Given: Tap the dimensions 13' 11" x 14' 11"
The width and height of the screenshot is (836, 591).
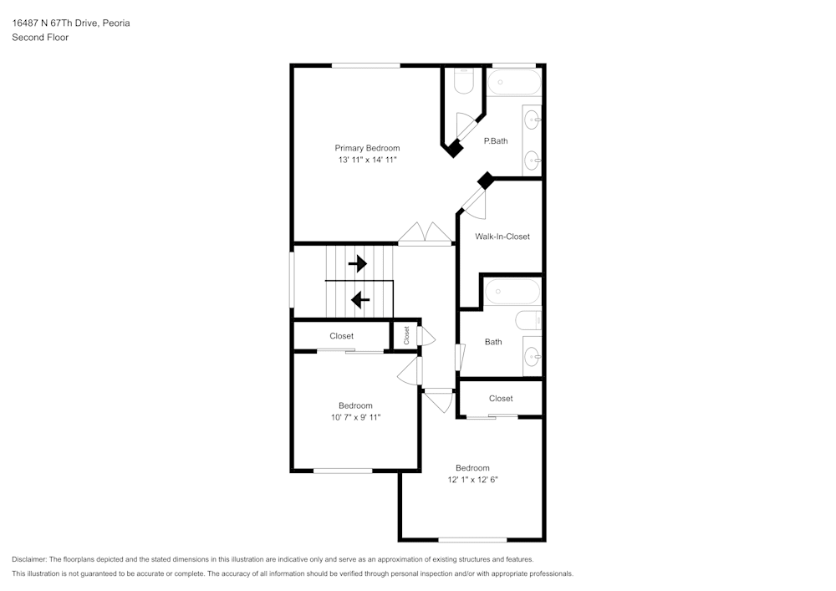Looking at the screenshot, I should click(x=367, y=159).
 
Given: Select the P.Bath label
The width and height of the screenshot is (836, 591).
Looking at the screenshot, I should click(x=496, y=141).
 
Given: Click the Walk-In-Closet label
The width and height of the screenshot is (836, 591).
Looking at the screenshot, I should click(x=502, y=237).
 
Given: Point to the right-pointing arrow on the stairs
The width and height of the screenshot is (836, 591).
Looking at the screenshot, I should click(x=358, y=264).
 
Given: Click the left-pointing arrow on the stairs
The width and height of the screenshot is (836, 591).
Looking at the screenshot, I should click(x=360, y=298).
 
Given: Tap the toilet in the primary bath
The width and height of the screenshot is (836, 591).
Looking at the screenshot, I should click(x=464, y=79).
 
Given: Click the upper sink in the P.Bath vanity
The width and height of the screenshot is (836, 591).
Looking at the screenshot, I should click(x=532, y=121).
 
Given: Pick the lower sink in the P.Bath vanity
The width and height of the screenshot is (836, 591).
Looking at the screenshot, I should click(x=532, y=159).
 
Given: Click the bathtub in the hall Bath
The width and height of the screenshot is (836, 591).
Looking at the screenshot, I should click(x=513, y=292).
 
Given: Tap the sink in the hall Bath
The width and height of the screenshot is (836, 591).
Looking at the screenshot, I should click(x=532, y=358).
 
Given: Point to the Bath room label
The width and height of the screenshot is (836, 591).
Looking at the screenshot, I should click(x=493, y=342).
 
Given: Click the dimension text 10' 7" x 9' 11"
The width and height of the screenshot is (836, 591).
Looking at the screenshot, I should click(x=355, y=416).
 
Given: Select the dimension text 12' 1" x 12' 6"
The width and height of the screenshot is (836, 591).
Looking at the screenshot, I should click(x=472, y=480).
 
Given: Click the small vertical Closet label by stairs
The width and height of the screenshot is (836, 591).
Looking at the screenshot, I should click(x=406, y=335).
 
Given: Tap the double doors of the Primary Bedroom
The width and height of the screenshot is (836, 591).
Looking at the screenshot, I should click(x=426, y=234).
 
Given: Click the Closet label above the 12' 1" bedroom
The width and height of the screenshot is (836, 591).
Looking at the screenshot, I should click(x=501, y=399).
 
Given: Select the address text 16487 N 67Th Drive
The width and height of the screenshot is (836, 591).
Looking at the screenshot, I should click(x=55, y=23).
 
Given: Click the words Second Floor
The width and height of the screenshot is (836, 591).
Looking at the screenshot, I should click(x=40, y=38).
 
